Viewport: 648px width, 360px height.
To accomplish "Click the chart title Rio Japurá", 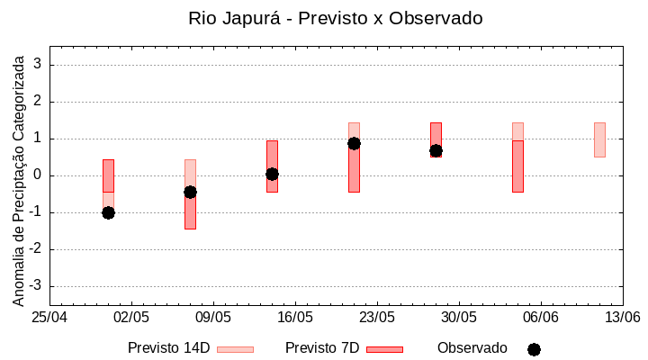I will click(x=335, y=18).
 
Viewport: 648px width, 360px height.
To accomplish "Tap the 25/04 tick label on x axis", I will click(x=49, y=318).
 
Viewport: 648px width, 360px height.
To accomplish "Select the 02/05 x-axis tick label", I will click(x=131, y=318).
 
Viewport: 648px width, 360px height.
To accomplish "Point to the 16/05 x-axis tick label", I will click(x=295, y=318).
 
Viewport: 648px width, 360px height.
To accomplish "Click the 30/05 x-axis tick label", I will click(x=459, y=318).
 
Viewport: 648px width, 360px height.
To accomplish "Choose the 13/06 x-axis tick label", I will click(x=622, y=318).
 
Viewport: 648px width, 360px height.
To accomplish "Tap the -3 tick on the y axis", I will click(x=37, y=286).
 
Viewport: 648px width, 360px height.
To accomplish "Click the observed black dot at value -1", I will click(x=108, y=212).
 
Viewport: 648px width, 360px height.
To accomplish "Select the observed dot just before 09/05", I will click(x=190, y=192).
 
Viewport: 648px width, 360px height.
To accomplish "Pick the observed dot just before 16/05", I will click(x=272, y=174).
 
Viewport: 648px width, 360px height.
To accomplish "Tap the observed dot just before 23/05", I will click(x=354, y=143).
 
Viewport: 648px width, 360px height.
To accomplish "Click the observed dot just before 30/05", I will click(x=436, y=150).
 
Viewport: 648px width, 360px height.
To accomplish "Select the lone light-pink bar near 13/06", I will click(x=599, y=139).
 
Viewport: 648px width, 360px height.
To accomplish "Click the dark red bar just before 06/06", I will click(x=517, y=166).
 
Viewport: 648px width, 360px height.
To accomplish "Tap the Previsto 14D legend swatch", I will click(x=235, y=349).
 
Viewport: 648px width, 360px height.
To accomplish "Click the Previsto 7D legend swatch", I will click(x=384, y=349).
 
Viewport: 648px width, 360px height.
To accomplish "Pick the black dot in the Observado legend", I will click(x=534, y=349).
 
